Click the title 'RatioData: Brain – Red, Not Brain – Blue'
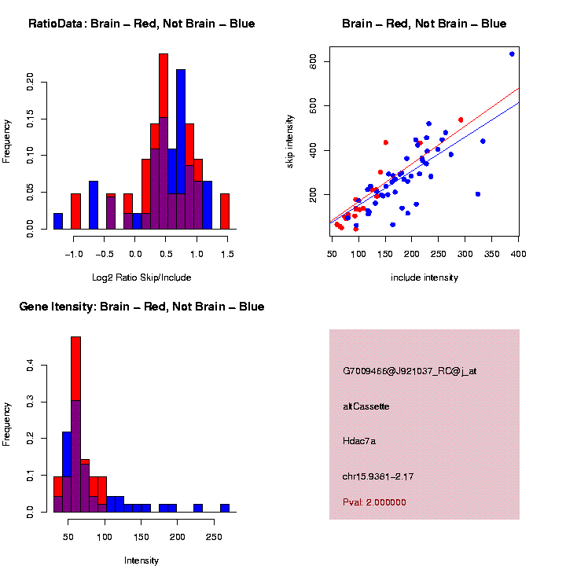pyautogui.click(x=141, y=24)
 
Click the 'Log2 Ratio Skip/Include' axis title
pyautogui.click(x=141, y=277)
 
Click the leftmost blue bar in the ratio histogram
pyautogui.click(x=58, y=221)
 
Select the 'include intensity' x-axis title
pyautogui.click(x=424, y=277)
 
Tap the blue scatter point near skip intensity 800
pyautogui.click(x=512, y=53)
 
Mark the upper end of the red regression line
pyautogui.click(x=519, y=89)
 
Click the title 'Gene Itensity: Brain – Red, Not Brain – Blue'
pyautogui.click(x=141, y=307)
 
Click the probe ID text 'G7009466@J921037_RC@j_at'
pyautogui.click(x=410, y=370)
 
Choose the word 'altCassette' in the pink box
pyautogui.click(x=366, y=406)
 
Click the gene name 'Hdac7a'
pyautogui.click(x=360, y=441)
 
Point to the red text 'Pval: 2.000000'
pyautogui.click(x=375, y=502)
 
